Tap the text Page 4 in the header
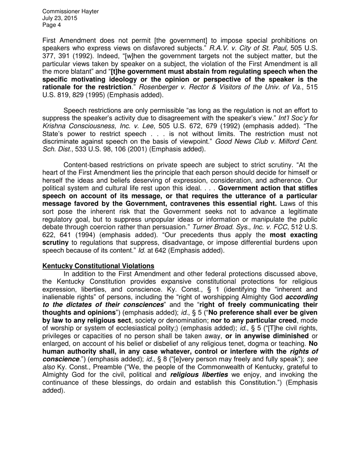52,25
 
